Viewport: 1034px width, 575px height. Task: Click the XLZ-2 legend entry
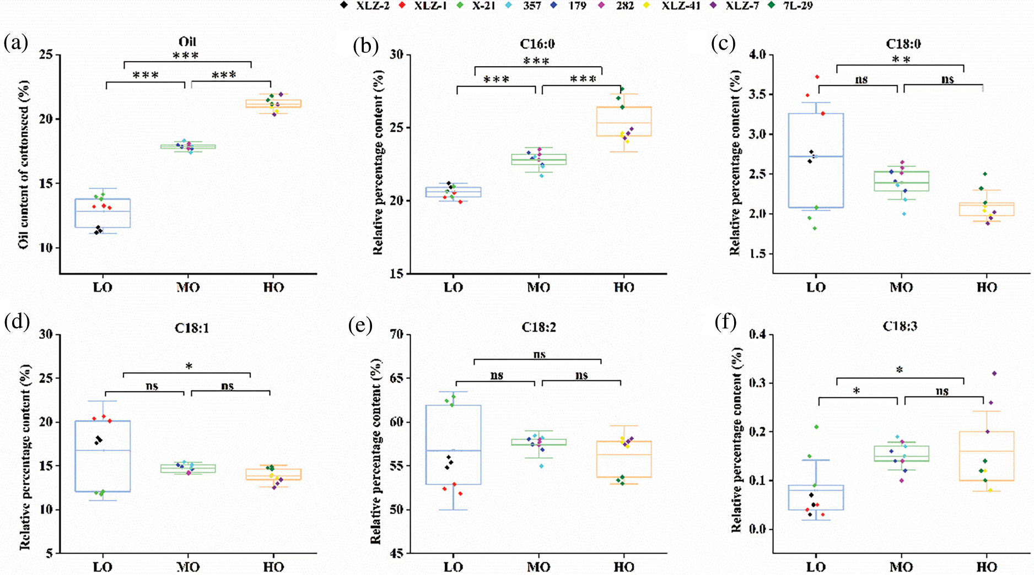click(x=366, y=6)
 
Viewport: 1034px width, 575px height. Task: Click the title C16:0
click(x=537, y=44)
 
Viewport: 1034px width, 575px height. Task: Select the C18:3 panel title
click(x=900, y=327)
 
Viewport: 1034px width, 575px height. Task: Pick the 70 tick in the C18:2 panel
click(x=396, y=334)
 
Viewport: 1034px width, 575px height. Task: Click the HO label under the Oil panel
click(x=273, y=287)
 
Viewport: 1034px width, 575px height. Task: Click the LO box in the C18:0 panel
click(x=816, y=160)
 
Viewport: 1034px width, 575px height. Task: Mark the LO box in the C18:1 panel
click(x=103, y=456)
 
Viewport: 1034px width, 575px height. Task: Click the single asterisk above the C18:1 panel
click(x=189, y=366)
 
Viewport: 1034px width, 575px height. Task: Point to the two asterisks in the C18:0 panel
click(x=901, y=60)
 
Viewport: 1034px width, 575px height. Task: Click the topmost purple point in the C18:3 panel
click(x=994, y=373)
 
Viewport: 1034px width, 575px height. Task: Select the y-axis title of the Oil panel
click(x=24, y=165)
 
